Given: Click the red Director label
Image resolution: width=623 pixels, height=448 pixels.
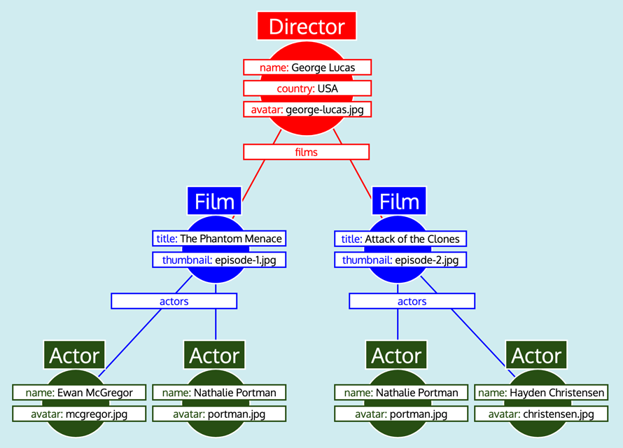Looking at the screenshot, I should point(307,27).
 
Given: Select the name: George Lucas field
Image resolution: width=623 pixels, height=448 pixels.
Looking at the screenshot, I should point(307,67).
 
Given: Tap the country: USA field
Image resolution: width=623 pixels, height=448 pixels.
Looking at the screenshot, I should point(307,88).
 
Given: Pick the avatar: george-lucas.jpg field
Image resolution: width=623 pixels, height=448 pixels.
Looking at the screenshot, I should point(307,109).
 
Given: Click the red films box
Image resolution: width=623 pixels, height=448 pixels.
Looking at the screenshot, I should point(306,151).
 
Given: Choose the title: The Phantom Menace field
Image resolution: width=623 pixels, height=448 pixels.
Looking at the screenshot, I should point(219,239).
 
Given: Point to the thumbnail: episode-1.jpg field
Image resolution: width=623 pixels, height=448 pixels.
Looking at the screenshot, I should point(219,260).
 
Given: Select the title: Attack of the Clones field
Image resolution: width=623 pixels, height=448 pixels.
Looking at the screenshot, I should point(400,239).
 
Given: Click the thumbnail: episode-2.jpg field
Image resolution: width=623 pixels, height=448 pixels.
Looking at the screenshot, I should point(400,260).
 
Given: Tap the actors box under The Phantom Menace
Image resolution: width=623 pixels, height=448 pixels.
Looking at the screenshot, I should point(174,301).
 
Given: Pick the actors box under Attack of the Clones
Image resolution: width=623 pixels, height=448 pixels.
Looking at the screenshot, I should point(412,301).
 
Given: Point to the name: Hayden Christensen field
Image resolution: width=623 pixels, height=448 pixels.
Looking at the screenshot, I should point(540,393).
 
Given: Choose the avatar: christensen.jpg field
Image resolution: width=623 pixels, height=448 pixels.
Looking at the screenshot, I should point(540,414).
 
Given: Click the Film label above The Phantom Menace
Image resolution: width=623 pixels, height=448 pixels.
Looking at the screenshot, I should point(214,202).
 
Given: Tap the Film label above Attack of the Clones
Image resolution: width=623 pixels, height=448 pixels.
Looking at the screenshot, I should point(399,202).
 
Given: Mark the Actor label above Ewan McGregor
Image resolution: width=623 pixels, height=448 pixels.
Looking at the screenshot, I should point(75,356).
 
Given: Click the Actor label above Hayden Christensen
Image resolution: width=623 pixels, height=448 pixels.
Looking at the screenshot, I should point(536,356).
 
